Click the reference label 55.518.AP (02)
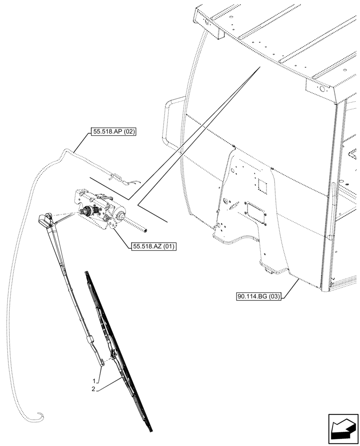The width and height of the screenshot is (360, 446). click(113, 132)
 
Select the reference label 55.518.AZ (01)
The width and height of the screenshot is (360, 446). click(154, 246)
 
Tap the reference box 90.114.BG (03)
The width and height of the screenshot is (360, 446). click(259, 296)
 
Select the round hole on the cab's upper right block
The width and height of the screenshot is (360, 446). click(320, 89)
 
